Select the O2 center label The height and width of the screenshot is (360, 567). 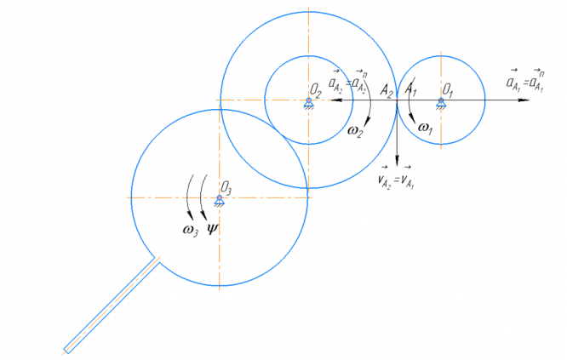click(x=314, y=88)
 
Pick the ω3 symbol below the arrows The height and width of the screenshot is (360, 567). click(x=191, y=229)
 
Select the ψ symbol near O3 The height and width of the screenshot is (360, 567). click(x=213, y=228)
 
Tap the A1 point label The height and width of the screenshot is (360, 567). click(x=410, y=89)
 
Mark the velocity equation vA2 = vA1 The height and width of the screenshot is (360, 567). click(x=396, y=178)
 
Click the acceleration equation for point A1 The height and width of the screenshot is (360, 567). click(x=525, y=82)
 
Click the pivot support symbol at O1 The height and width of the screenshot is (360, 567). click(x=441, y=103)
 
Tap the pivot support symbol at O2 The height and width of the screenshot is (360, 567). click(x=307, y=103)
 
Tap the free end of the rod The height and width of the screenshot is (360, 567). click(x=67, y=348)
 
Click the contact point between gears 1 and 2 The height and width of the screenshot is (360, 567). click(x=397, y=100)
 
